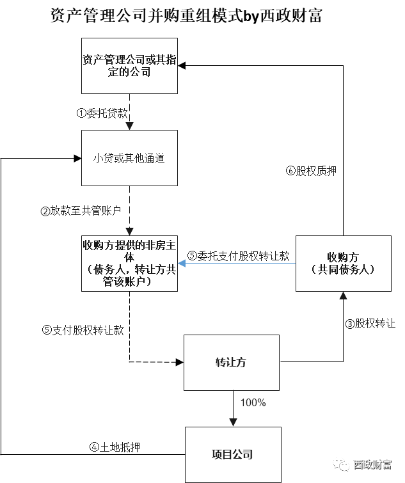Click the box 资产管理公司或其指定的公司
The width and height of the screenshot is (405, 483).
(129, 65)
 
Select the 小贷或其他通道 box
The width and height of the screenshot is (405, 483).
(129, 158)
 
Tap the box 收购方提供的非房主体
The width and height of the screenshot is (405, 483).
(129, 263)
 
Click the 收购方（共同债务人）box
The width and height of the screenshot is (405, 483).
(343, 263)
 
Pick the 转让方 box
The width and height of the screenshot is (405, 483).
(231, 362)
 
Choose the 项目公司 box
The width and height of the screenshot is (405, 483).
(232, 455)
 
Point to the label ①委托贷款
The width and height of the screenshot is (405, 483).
(102, 113)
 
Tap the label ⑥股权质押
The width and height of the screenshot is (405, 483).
(311, 171)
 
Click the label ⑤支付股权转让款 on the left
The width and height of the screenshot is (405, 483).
(83, 330)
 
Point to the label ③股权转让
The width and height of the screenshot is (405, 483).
(370, 324)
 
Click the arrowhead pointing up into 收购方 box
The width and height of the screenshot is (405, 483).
(343, 296)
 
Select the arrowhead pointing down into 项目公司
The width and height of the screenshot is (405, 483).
(233, 423)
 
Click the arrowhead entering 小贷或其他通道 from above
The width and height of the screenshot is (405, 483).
(129, 126)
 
